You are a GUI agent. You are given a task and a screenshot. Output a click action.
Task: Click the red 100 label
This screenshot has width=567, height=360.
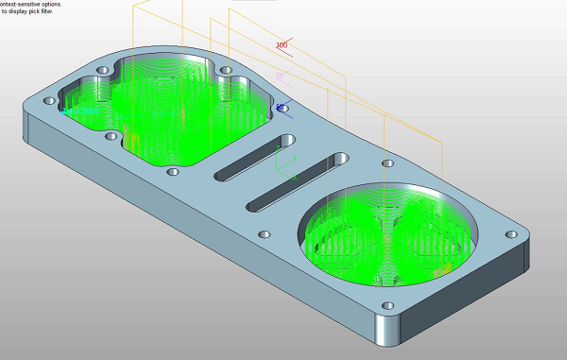click(282, 45)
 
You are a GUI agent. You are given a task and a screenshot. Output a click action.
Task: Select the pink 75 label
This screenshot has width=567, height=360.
click(280, 77)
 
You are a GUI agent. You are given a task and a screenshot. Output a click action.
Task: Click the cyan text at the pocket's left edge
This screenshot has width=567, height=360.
click(80, 111)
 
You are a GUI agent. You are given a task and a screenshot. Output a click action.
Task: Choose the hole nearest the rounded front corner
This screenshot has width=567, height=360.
click(387, 306)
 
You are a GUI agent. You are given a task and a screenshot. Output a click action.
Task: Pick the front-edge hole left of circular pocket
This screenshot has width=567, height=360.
click(265, 233)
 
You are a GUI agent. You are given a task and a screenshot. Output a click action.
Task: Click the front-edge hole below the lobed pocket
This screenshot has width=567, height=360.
click(172, 173)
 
